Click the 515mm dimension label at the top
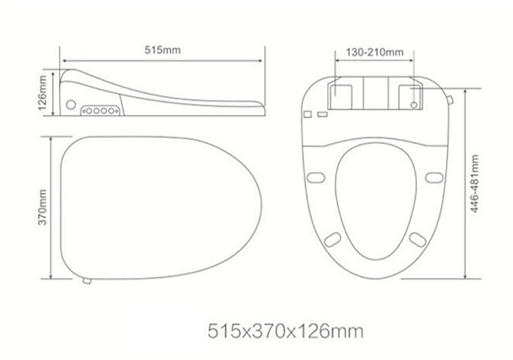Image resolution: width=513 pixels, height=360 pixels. [x=162, y=50]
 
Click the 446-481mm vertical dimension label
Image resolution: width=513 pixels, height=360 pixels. [x=475, y=184]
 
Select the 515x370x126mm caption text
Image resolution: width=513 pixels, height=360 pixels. [x=285, y=331]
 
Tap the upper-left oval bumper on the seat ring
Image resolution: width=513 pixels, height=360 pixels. [x=315, y=177]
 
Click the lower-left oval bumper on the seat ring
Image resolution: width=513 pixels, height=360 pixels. [x=332, y=239]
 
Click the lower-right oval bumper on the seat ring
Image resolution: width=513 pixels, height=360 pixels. [x=417, y=239]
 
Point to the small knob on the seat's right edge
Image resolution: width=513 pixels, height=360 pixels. [x=449, y=100]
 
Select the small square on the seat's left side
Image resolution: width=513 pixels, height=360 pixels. [x=308, y=113]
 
